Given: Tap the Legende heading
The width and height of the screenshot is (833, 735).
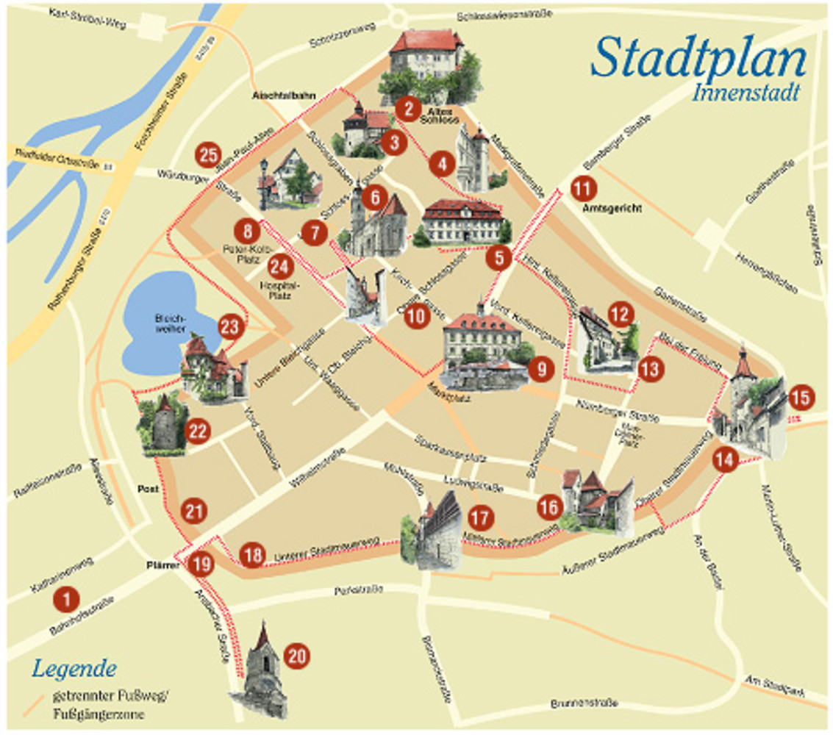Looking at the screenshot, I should pyautogui.click(x=74, y=670).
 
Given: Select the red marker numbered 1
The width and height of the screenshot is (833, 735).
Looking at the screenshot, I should pyautogui.click(x=67, y=600).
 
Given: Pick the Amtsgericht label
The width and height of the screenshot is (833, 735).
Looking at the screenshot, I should pyautogui.click(x=611, y=209).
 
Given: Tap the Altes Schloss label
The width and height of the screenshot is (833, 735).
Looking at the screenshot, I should pyautogui.click(x=440, y=115).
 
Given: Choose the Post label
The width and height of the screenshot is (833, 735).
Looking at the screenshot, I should pyautogui.click(x=148, y=488).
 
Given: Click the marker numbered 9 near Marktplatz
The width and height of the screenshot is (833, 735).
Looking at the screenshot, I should pyautogui.click(x=541, y=370).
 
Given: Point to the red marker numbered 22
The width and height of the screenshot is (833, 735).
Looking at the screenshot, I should pyautogui.click(x=197, y=431).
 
